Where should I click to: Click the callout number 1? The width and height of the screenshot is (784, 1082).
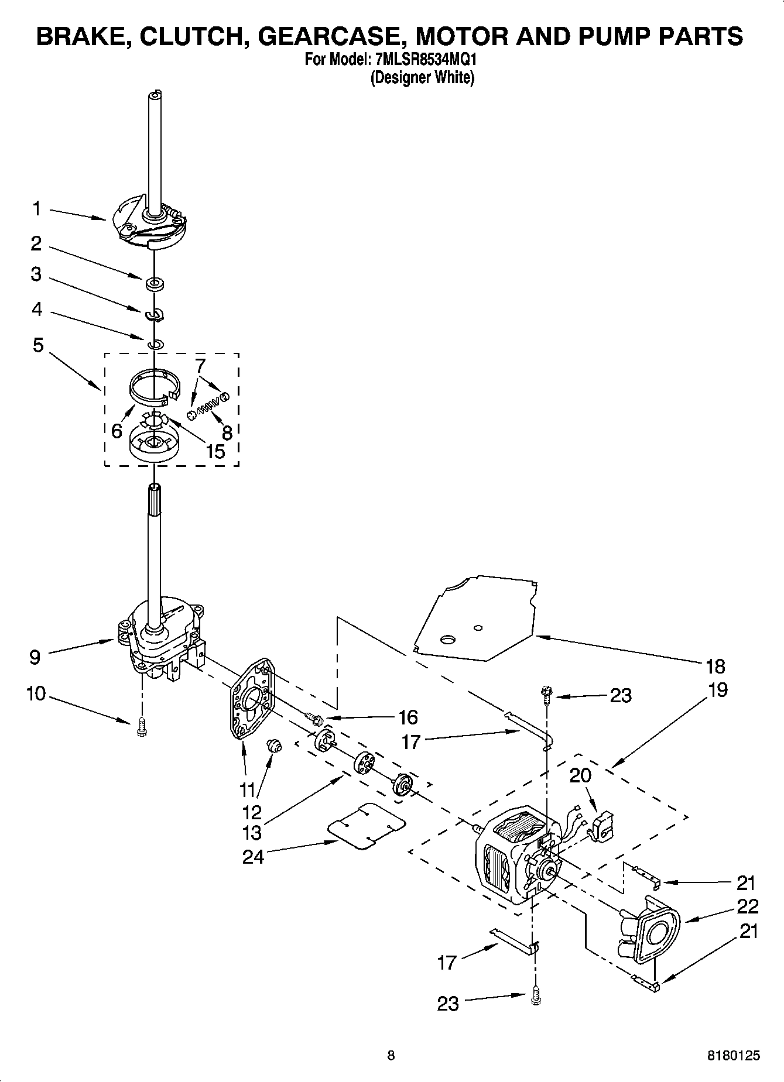click(37, 208)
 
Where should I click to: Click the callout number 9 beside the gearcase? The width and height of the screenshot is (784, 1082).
click(35, 657)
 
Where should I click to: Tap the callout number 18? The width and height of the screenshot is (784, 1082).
click(715, 666)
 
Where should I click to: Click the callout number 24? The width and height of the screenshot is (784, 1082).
click(254, 856)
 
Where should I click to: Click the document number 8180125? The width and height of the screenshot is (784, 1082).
click(734, 1055)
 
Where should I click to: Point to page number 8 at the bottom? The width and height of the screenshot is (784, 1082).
click(391, 1055)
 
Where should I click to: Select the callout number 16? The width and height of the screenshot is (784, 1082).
click(408, 717)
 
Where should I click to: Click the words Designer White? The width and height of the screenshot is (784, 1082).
click(422, 77)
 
